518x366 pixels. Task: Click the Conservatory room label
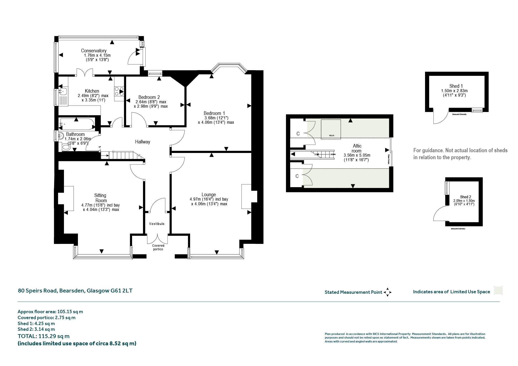click(94, 51)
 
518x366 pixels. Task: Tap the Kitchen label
click(92, 91)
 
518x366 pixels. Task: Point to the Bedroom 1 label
click(214, 113)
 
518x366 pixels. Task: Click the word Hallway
click(142, 142)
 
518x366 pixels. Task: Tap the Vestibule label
click(157, 224)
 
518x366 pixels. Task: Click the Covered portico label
click(158, 247)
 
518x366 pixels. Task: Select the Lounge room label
click(209, 195)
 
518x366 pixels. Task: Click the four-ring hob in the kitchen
click(119, 91)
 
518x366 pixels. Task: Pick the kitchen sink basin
click(63, 91)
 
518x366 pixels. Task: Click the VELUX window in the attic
click(331, 129)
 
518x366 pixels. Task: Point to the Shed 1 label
click(456, 86)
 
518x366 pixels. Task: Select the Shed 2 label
click(465, 197)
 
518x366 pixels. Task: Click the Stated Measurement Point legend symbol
click(387, 292)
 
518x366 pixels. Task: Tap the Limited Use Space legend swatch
click(498, 290)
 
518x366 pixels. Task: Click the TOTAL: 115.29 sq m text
click(44, 336)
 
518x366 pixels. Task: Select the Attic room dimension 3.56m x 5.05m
click(357, 155)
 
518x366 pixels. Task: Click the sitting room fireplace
click(66, 199)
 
